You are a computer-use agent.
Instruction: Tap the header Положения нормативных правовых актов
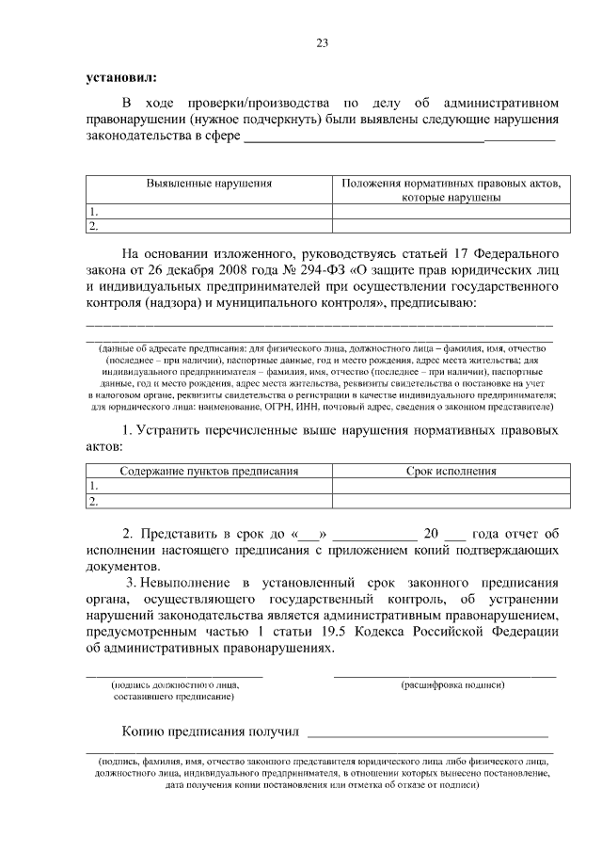451,184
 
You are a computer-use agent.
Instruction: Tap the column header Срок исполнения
451,471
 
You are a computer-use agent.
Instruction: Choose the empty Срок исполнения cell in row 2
451,501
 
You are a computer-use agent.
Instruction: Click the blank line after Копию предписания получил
428,731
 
